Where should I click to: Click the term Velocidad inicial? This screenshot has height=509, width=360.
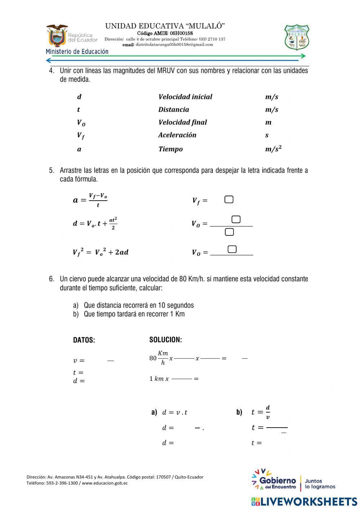click(185, 97)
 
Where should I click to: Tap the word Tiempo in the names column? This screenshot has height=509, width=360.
click(170, 149)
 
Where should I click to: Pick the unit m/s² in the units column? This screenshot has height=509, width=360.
click(273, 149)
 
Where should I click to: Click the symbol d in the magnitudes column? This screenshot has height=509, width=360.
click(79, 97)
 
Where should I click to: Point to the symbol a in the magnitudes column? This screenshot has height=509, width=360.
click(79, 149)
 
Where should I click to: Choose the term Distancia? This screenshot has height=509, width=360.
click(174, 110)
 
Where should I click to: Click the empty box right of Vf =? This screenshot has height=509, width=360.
click(229, 200)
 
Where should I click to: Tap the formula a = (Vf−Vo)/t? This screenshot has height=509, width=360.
click(90, 200)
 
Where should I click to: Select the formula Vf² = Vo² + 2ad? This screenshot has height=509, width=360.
click(100, 252)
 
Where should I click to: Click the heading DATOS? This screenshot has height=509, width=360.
click(84, 340)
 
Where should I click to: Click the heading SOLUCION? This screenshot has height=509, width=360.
click(166, 340)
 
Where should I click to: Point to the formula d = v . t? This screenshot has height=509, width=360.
click(175, 412)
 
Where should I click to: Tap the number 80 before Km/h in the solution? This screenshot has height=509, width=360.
click(153, 358)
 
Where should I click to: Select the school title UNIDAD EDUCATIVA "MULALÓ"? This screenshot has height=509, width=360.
click(165, 26)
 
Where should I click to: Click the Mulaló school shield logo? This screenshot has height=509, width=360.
click(297, 37)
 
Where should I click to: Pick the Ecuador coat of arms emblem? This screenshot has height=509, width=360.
click(57, 36)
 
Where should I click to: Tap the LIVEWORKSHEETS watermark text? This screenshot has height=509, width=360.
click(304, 501)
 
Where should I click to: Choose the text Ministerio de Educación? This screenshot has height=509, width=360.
click(77, 52)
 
